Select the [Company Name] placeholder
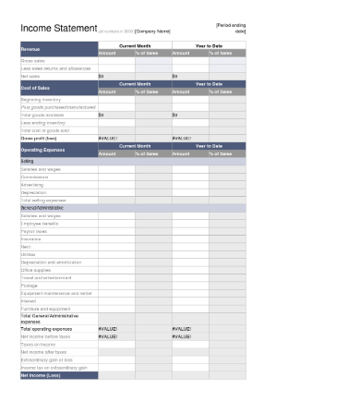(153, 31)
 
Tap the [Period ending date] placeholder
(231, 28)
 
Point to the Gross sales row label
(33, 60)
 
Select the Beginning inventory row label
(40, 99)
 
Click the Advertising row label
(32, 184)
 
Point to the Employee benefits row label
(39, 224)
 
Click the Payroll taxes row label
(34, 231)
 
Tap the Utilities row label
(30, 255)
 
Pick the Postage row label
(30, 286)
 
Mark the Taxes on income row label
(36, 344)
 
